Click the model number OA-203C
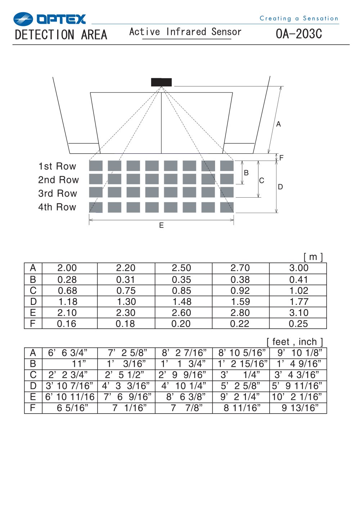[x=299, y=34]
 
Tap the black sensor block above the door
[x=161, y=82]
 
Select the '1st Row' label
[x=57, y=166]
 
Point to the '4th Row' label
[x=57, y=207]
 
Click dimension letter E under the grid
[x=161, y=225]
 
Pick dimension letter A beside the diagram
[x=278, y=124]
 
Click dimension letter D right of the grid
[x=280, y=187]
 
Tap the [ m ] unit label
[x=313, y=257]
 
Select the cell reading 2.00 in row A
[x=67, y=268]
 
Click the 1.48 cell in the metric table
[x=182, y=302]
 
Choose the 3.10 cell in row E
[x=299, y=313]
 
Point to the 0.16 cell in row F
[x=66, y=324]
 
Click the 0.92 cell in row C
[x=240, y=290]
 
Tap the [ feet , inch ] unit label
[x=294, y=342]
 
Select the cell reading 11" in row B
[x=79, y=364]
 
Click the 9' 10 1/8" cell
[x=300, y=353]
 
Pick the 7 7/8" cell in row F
[x=186, y=408]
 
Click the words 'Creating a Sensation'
[x=299, y=18]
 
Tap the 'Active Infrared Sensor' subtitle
[x=185, y=32]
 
